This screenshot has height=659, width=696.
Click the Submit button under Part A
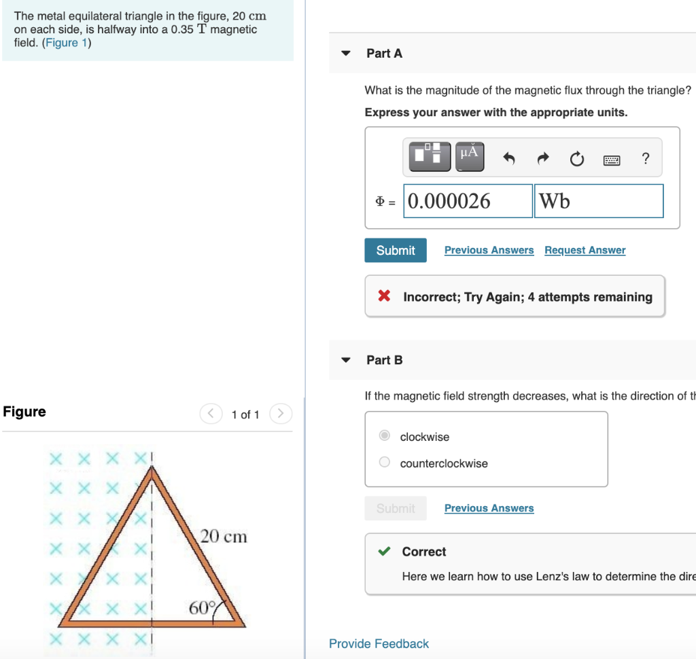395,250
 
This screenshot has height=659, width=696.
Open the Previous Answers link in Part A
489,250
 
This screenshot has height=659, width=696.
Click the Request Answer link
585,250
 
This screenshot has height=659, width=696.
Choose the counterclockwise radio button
385,463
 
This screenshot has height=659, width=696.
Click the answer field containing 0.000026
468,201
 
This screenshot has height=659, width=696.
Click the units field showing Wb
598,201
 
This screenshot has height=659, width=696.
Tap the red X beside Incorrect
384,296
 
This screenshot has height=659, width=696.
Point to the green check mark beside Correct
384,552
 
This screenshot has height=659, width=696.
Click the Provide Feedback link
379,643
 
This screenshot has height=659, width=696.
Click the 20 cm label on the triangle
224,537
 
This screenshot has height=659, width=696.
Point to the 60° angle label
202,607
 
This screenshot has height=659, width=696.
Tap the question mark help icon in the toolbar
645,159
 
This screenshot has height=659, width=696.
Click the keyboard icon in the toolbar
612,160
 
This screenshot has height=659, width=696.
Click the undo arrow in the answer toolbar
509,159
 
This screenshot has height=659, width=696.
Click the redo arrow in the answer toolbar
542,159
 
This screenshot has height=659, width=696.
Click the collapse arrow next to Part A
346,54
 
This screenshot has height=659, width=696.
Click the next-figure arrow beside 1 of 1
280,413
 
